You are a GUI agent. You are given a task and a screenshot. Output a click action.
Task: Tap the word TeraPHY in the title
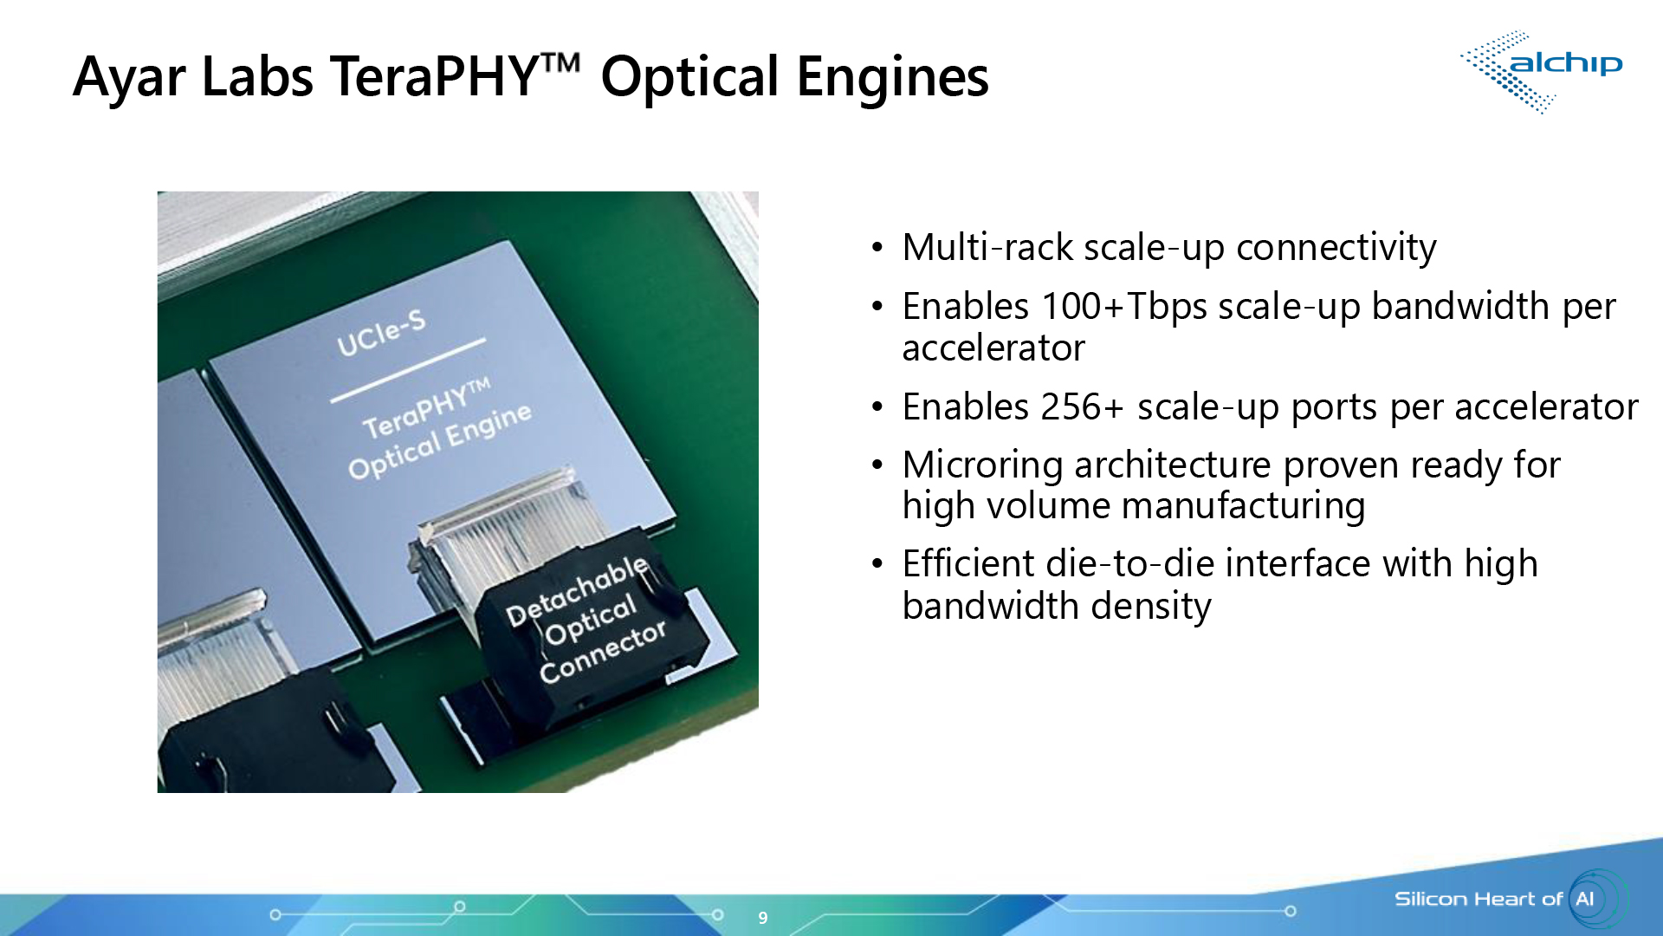436,77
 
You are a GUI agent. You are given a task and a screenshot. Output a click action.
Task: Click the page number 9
762,918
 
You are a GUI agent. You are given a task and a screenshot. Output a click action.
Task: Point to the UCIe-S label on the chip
381,334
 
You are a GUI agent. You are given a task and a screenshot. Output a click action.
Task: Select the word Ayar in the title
129,77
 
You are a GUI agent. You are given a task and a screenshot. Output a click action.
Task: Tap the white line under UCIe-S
407,371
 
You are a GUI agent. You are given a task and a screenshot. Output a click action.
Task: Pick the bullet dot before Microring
877,466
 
